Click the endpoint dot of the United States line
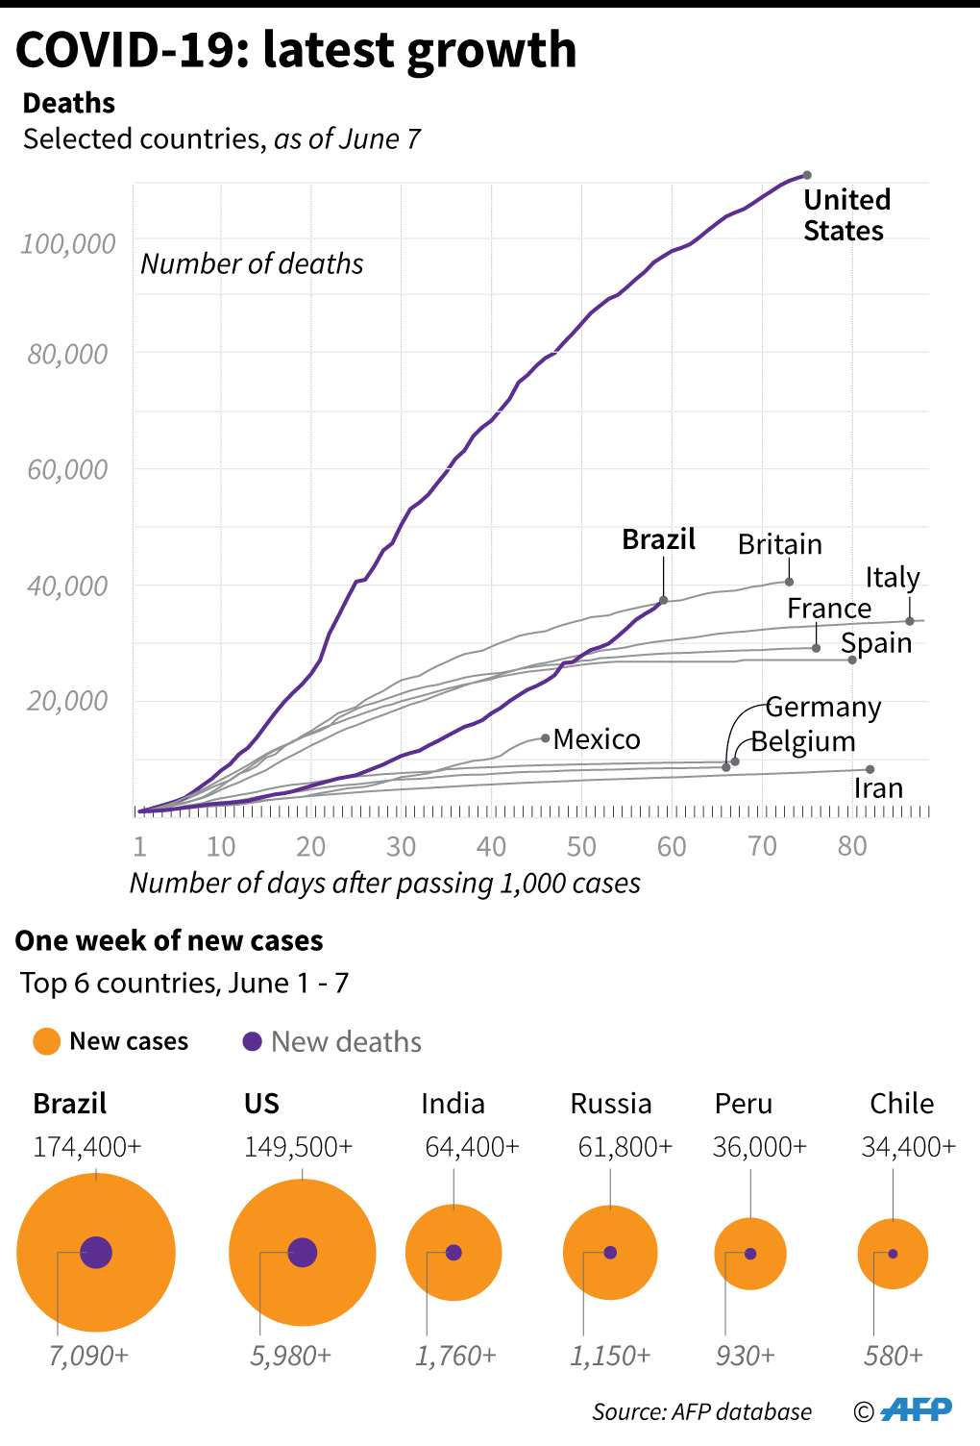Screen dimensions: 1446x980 click(807, 175)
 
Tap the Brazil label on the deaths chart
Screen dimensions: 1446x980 click(658, 539)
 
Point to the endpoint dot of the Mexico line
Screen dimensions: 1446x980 click(546, 738)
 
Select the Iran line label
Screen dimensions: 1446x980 click(878, 788)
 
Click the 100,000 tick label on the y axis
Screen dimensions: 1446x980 click(67, 244)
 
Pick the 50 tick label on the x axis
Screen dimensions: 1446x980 click(581, 846)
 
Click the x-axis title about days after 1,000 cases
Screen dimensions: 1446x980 click(384, 883)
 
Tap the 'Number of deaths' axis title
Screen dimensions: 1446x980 click(252, 263)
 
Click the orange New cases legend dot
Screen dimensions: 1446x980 click(46, 1041)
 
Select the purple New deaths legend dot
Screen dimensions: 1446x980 click(253, 1041)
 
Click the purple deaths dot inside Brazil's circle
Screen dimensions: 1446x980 click(96, 1253)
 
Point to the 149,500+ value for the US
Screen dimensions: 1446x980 click(298, 1147)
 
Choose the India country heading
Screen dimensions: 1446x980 click(453, 1104)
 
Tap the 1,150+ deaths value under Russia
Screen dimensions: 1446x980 click(610, 1356)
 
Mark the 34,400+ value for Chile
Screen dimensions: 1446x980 click(908, 1147)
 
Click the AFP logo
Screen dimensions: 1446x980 click(916, 1409)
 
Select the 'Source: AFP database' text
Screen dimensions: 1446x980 click(701, 1411)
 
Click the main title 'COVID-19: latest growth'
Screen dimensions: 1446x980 click(296, 50)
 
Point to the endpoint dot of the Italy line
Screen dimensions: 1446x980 click(910, 621)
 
